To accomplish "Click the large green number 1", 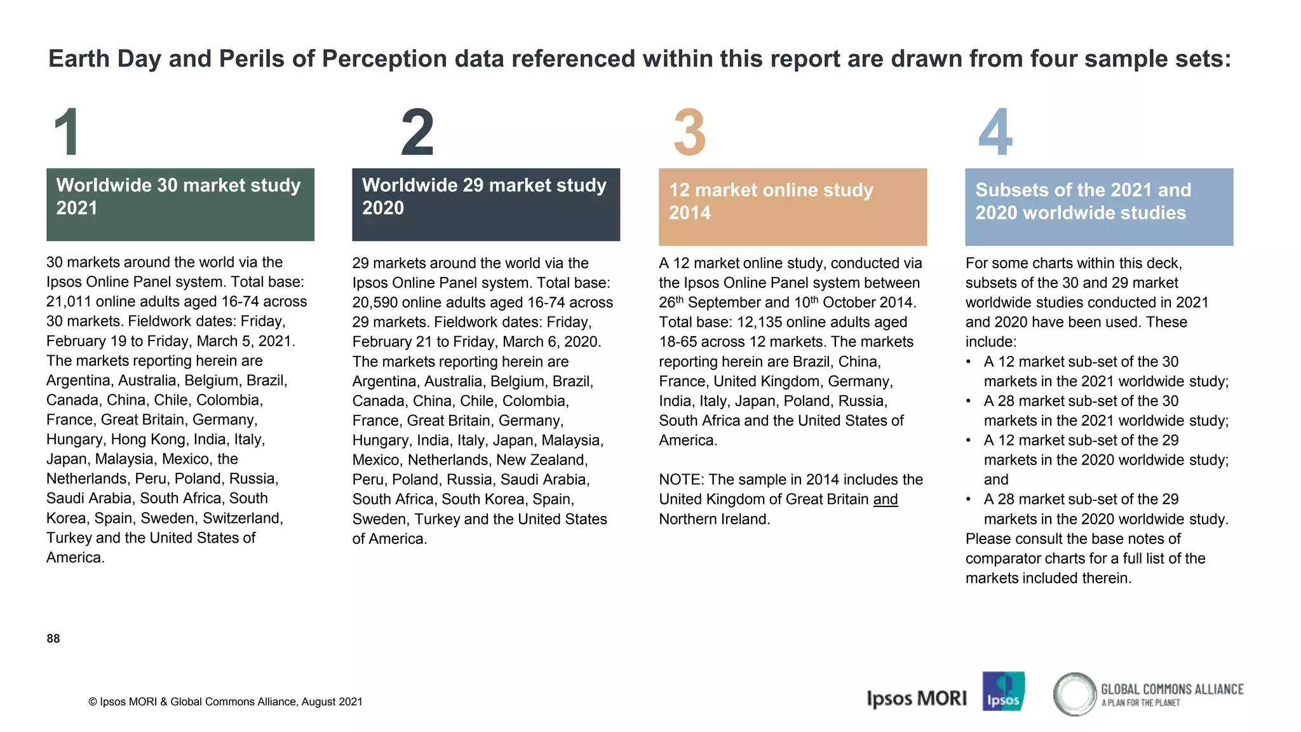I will pyautogui.click(x=67, y=132).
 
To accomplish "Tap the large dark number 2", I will pyautogui.click(x=417, y=132).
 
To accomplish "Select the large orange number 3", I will pyautogui.click(x=689, y=132).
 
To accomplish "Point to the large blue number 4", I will pyautogui.click(x=995, y=132).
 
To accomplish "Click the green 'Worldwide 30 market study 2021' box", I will pyautogui.click(x=180, y=204).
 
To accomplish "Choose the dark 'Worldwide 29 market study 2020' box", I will pyautogui.click(x=486, y=204).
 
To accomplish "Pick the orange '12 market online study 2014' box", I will pyautogui.click(x=793, y=207).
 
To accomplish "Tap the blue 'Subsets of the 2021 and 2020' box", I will pyautogui.click(x=1099, y=207).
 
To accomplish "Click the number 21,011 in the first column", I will pyautogui.click(x=69, y=302).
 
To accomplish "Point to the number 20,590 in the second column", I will pyautogui.click(x=375, y=302).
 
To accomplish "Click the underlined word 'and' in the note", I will pyautogui.click(x=886, y=499).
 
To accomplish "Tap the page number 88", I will pyautogui.click(x=53, y=639).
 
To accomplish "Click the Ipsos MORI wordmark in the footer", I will pyautogui.click(x=916, y=698).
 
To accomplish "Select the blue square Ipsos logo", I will pyautogui.click(x=1003, y=691).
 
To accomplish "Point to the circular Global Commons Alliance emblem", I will pyautogui.click(x=1074, y=694).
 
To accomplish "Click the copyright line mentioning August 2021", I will pyautogui.click(x=226, y=702).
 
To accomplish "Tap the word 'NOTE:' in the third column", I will pyautogui.click(x=681, y=480).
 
